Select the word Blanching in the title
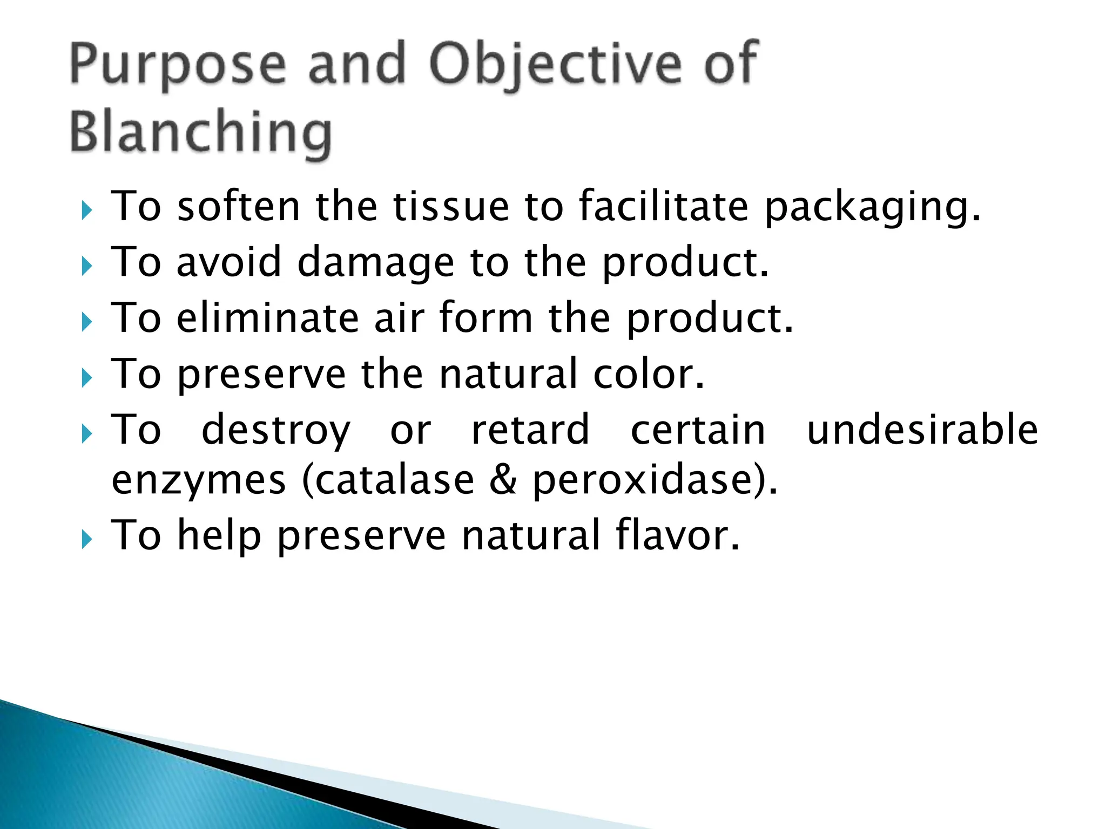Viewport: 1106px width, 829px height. click(x=200, y=132)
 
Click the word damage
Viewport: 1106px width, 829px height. click(x=376, y=263)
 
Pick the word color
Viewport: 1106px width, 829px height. click(x=648, y=373)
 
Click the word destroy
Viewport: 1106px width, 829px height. click(x=276, y=431)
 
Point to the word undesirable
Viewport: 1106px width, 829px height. click(x=922, y=430)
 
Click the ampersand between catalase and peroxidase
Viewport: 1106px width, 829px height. click(x=503, y=480)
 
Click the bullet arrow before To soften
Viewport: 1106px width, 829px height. click(x=87, y=210)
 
